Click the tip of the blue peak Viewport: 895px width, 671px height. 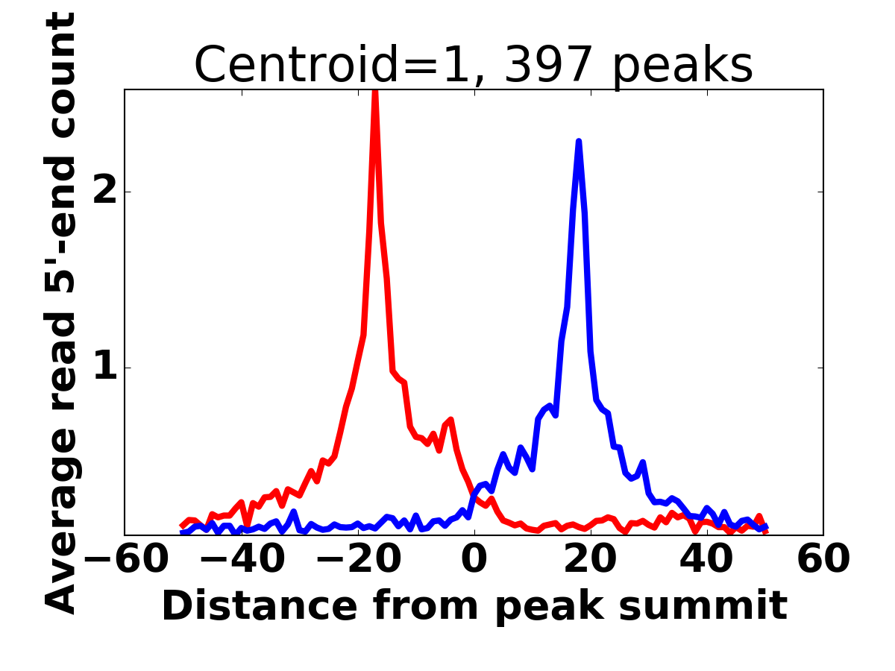pos(578,141)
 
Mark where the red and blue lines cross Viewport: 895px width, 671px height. pos(473,493)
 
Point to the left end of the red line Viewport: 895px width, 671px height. pos(182,526)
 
